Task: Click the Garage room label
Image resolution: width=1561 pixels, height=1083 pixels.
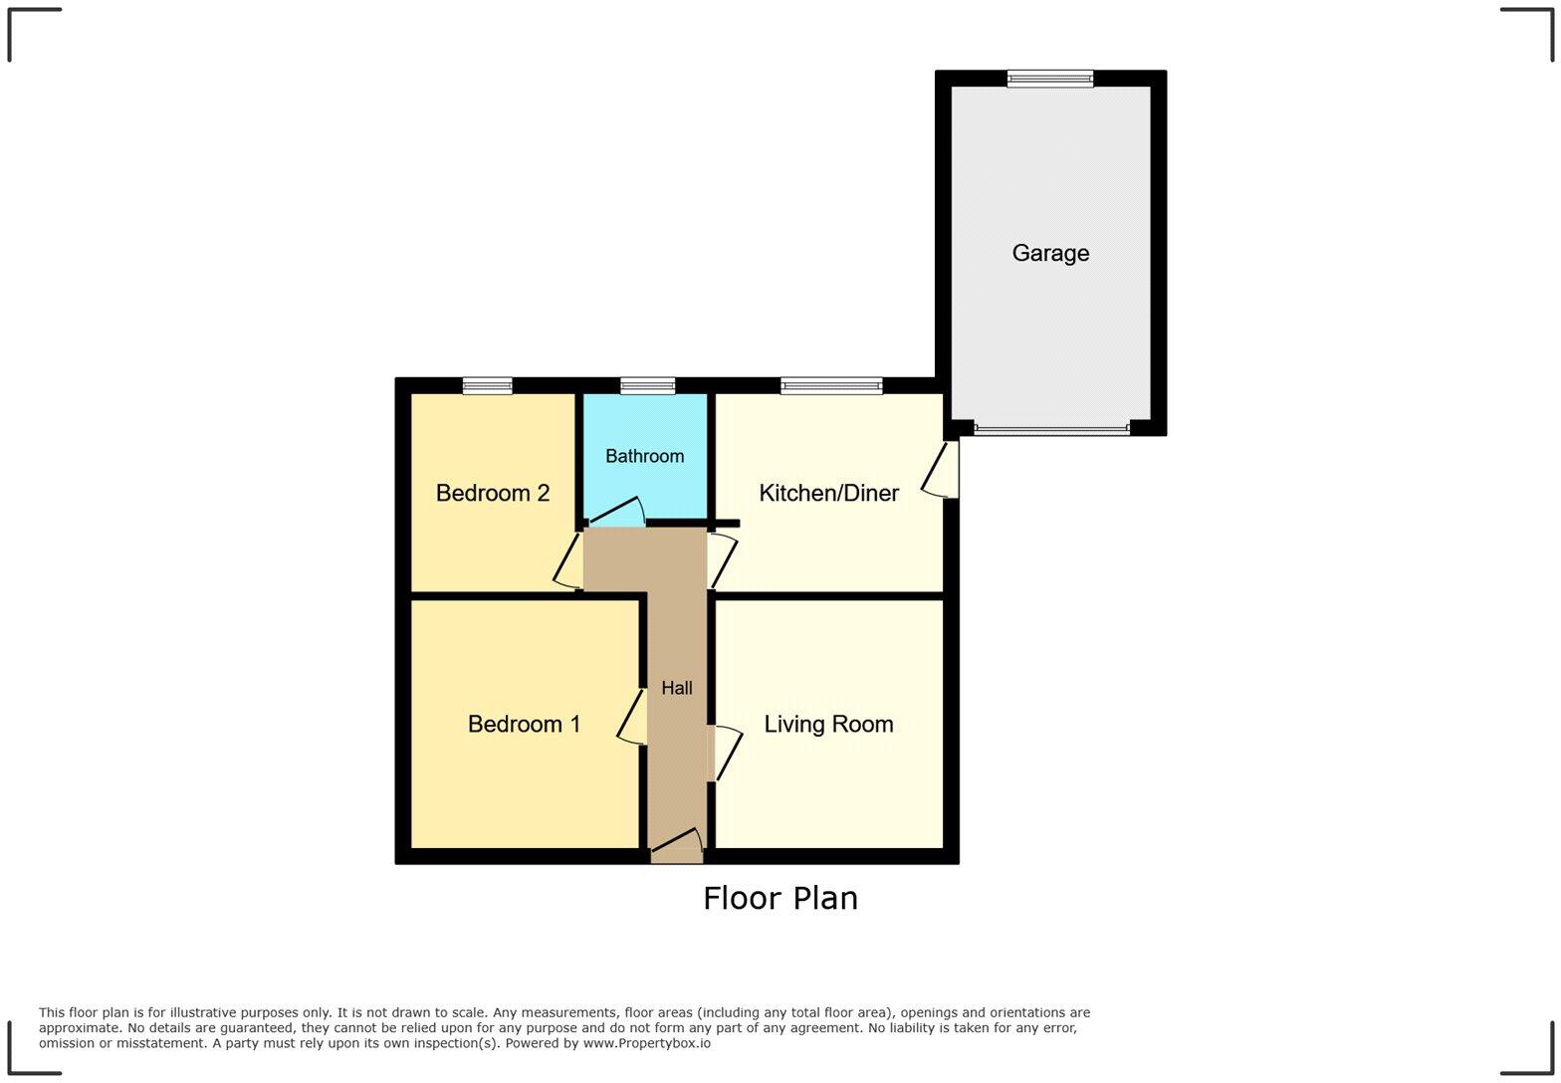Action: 1050,253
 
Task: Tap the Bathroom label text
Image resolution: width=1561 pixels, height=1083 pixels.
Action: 644,456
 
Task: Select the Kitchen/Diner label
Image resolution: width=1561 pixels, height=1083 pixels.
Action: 828,493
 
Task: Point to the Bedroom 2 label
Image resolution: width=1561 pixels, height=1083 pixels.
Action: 493,493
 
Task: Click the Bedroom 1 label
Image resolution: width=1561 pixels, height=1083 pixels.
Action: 524,724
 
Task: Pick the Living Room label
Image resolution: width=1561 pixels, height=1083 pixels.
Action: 828,724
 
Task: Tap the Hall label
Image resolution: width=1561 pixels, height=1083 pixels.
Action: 677,688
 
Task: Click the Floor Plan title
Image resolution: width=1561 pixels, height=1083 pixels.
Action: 780,898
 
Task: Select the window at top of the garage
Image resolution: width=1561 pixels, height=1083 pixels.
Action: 1049,79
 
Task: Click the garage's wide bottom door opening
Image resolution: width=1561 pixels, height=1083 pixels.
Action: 1051,429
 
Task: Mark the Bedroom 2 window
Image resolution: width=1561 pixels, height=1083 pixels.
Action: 487,386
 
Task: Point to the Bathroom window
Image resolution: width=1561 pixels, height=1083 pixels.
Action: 647,386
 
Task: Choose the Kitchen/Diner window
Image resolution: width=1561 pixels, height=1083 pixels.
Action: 831,386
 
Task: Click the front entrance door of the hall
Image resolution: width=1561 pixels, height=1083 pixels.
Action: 677,846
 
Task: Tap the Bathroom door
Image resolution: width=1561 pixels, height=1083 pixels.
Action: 616,513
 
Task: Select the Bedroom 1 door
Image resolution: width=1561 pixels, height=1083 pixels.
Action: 633,717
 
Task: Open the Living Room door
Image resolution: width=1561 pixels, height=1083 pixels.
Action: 725,754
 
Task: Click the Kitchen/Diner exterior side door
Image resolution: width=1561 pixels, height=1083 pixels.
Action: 942,469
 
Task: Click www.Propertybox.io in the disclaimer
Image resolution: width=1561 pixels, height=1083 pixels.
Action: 646,1043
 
